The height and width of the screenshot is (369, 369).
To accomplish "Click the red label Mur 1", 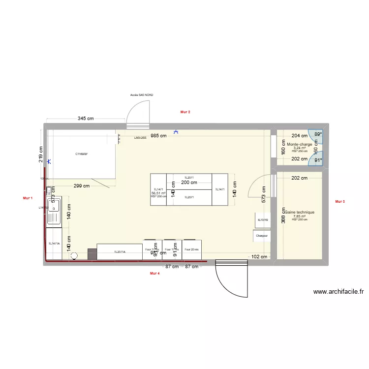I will pos(28,198).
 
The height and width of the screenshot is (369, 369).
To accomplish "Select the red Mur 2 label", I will pos(185,112).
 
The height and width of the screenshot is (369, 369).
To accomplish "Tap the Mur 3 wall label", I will pos(339,201).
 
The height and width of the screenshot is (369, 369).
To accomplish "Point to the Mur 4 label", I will pos(154,273).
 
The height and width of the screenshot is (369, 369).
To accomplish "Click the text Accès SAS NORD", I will pos(141,94).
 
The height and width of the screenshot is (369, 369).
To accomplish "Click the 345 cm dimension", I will pos(86,119).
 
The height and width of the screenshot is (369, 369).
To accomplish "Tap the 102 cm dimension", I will pos(259,256).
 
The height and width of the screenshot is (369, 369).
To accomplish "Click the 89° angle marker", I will pos(318,134).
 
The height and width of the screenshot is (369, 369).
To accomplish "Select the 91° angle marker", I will pos(318,160).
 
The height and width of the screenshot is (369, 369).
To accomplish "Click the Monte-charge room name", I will pos(299,145).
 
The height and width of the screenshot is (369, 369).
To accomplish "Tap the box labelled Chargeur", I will pos(262,236).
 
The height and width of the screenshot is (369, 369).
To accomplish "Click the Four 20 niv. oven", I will pos(192,249).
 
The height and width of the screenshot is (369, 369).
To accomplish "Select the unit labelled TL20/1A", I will pos(120,251).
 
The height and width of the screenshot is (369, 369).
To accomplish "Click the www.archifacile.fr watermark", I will pos(338,292).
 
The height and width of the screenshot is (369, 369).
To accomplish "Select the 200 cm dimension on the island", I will pos(189,183).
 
